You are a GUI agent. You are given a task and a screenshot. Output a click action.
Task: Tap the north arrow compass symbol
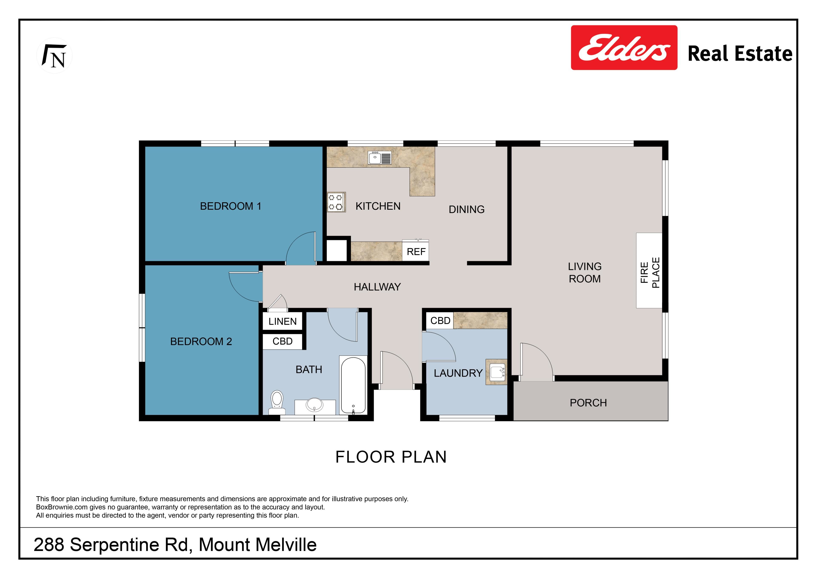click(x=54, y=56)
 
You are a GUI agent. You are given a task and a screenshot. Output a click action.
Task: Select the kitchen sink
click(x=380, y=157)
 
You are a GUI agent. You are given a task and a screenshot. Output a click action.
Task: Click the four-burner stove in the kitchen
click(x=336, y=202)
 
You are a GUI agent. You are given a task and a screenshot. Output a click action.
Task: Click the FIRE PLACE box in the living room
click(x=649, y=270)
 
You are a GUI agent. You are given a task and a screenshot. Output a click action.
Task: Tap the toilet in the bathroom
click(x=277, y=403)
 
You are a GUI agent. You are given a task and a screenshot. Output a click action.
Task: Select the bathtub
click(x=353, y=385)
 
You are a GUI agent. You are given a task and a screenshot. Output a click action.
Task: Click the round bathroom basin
click(x=315, y=405)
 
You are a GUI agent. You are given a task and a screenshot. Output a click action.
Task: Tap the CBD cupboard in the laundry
click(x=440, y=321)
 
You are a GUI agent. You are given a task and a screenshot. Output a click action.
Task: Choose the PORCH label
click(x=588, y=403)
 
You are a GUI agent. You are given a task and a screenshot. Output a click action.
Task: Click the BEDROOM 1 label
click(x=231, y=206)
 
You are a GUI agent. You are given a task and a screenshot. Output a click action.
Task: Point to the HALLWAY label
click(x=377, y=287)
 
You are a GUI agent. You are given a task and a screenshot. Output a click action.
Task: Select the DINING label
click(x=467, y=209)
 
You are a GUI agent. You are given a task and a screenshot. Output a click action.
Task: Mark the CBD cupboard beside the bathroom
click(x=283, y=341)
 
